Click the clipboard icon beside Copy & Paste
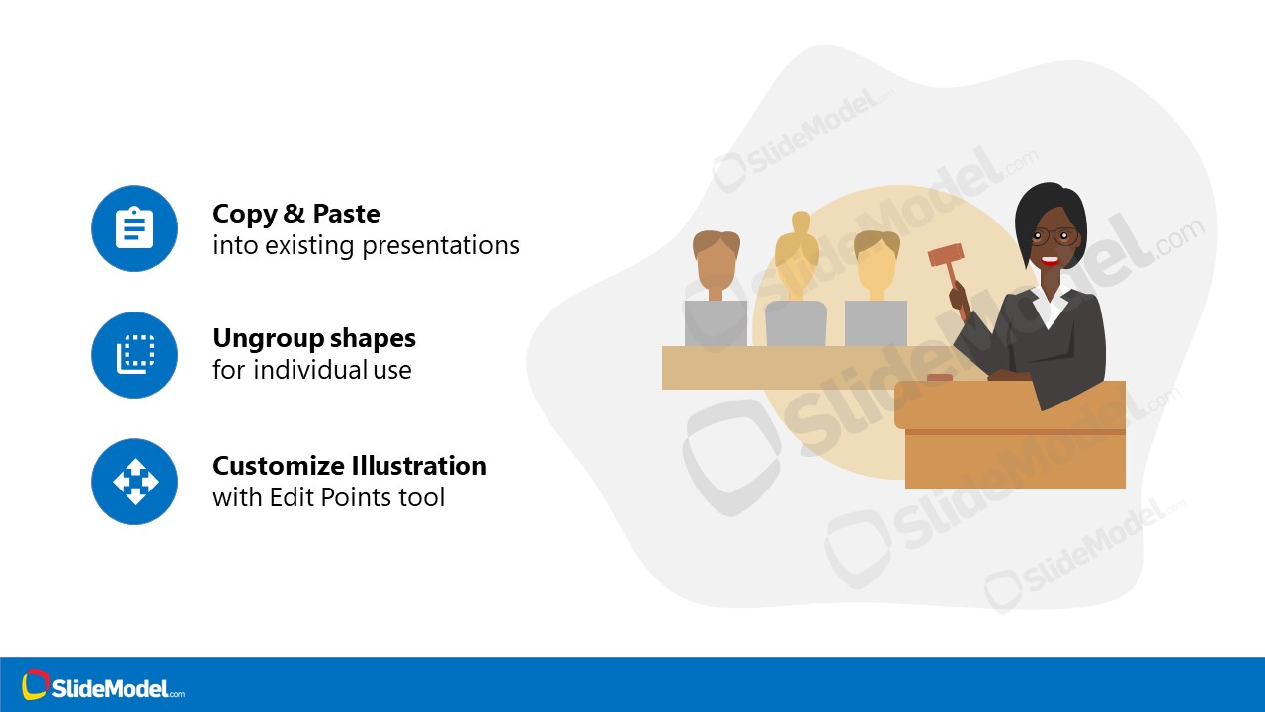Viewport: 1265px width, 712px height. pos(134,228)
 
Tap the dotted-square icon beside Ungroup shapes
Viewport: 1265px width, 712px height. pos(134,354)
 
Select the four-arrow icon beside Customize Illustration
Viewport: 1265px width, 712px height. pos(134,482)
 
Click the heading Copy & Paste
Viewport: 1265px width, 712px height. pos(296,214)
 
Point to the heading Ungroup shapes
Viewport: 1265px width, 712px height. pos(314,338)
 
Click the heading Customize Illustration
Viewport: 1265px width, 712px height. pos(350,465)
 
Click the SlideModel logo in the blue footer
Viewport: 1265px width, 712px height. pos(104,686)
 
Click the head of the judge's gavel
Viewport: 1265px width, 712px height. pos(945,255)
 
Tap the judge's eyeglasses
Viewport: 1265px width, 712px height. pos(1054,236)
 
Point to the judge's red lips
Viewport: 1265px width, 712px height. pos(1050,262)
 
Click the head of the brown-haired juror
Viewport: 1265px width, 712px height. pos(717,262)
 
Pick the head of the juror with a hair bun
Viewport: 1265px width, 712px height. pos(797,259)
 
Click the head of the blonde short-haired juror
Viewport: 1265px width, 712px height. pos(877,262)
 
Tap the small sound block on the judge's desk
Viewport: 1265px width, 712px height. pos(939,377)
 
